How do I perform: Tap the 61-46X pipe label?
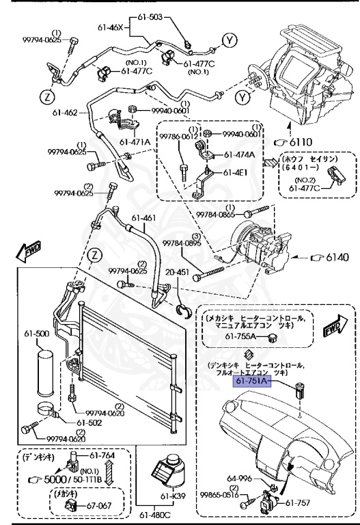click(x=111, y=28)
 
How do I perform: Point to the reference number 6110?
click(x=303, y=142)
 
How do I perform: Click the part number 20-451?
click(x=178, y=271)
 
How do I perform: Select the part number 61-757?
click(x=299, y=502)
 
